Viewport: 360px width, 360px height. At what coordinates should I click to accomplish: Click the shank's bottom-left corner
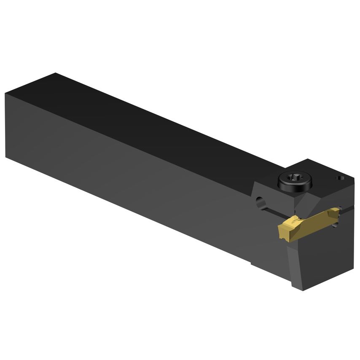coord(6,157)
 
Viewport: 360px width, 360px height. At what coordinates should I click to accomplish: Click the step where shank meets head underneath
coord(252,263)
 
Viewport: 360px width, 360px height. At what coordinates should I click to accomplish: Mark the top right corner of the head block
coord(353,179)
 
